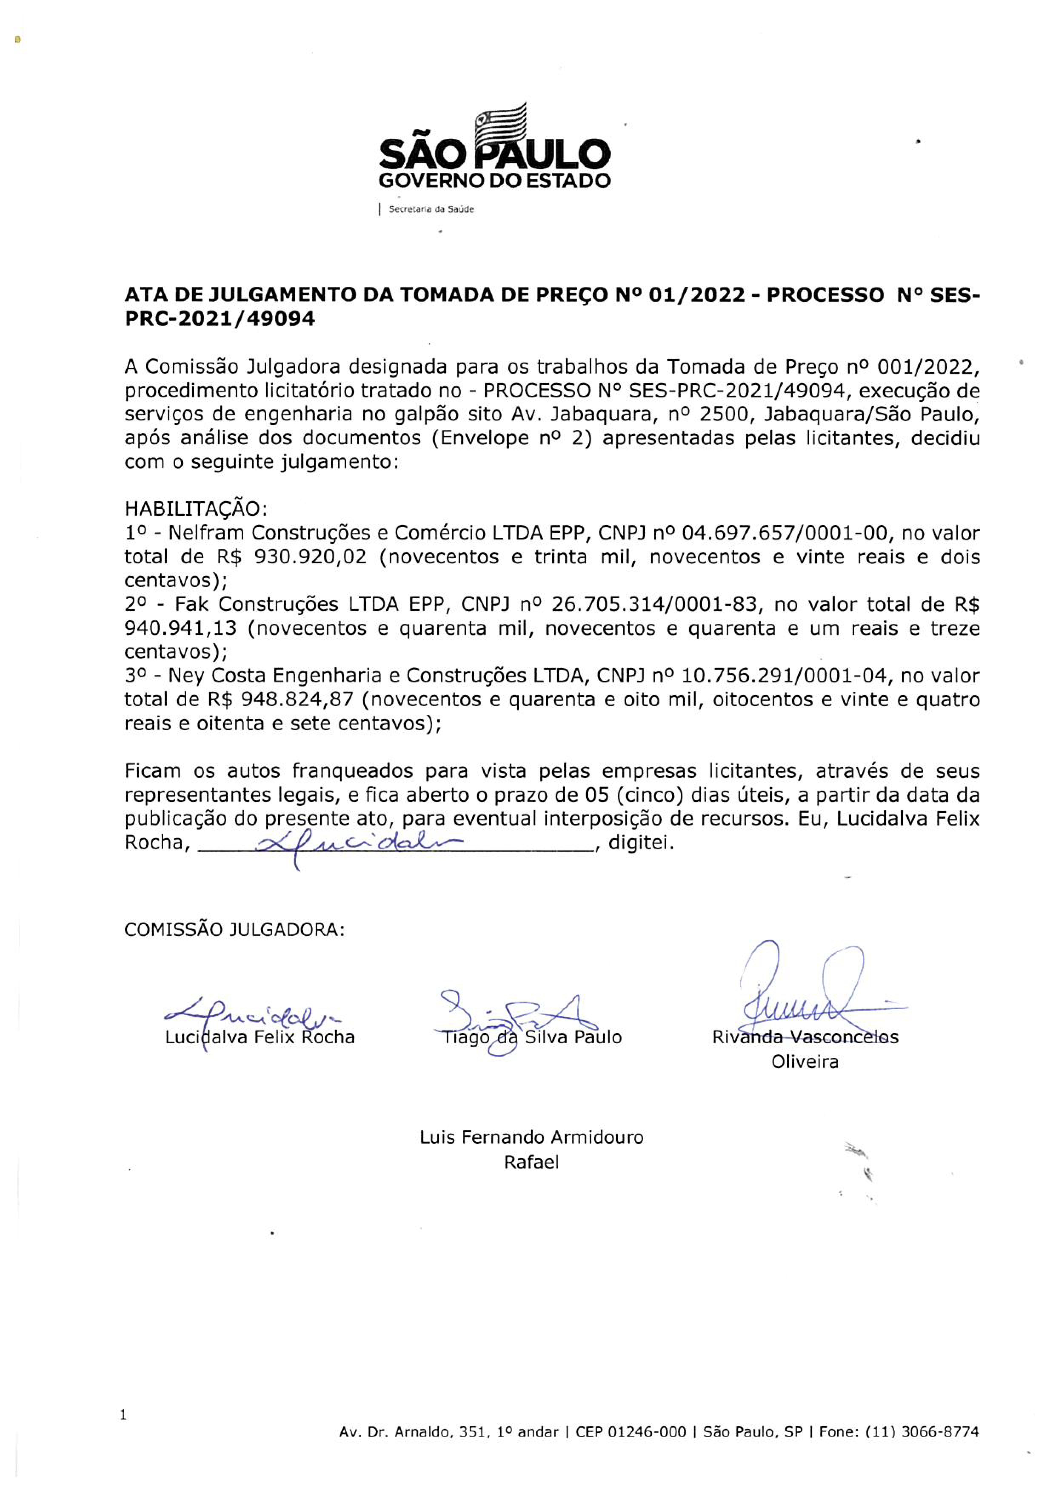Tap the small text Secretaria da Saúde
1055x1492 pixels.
pos(431,209)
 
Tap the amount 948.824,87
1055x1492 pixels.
pos(297,700)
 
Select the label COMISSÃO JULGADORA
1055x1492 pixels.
pos(234,930)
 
